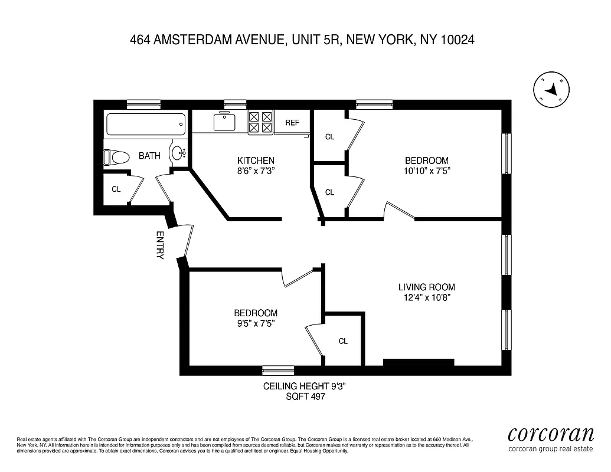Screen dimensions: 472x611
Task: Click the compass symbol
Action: [x=551, y=90]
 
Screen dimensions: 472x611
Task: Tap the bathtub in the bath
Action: [x=146, y=124]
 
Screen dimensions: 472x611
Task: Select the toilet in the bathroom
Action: [x=116, y=158]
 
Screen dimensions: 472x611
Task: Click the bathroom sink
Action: [x=178, y=153]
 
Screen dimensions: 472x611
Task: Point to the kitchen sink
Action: [x=224, y=122]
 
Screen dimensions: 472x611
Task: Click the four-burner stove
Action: [x=260, y=122]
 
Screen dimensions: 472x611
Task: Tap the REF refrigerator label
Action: [x=292, y=123]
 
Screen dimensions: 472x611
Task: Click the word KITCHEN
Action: [x=256, y=160]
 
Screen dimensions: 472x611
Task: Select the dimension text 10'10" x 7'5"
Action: [x=426, y=171]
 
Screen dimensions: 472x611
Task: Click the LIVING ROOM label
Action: [x=426, y=287]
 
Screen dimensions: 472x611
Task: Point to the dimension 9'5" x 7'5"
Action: [x=255, y=323]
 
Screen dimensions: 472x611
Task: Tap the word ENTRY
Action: [x=159, y=245]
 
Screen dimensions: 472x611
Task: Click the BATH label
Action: [x=149, y=156]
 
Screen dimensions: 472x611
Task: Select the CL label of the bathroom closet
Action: [x=116, y=189]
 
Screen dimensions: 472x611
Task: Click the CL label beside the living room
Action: [x=343, y=341]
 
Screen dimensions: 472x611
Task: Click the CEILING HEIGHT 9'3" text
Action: [x=303, y=386]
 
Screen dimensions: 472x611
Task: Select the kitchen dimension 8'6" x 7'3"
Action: [x=256, y=171]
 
